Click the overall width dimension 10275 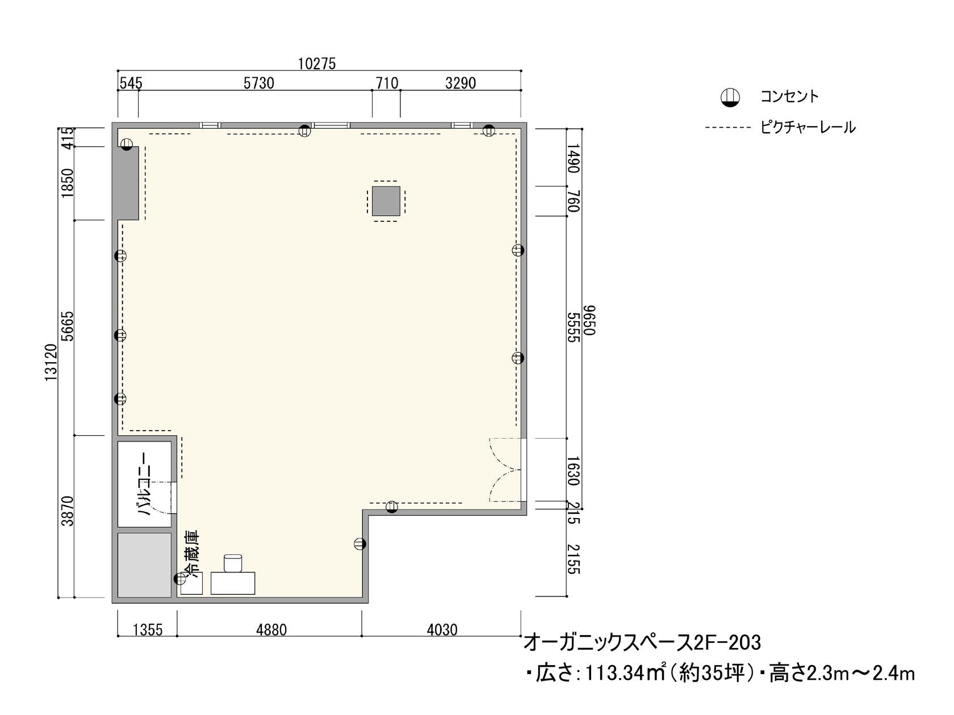pos(317,64)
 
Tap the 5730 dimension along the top pos(258,83)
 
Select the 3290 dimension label pos(460,83)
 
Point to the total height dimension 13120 pos(51,362)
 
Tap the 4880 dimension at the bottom pos(271,630)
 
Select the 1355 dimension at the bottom pos(147,630)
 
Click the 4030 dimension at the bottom pos(441,630)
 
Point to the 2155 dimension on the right pos(574,559)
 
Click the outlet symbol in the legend pos(730,98)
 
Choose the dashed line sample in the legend pos(727,128)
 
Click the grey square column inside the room pos(386,201)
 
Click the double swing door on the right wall pos(505,470)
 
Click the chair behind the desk pos(233,562)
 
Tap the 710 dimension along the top pos(387,83)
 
